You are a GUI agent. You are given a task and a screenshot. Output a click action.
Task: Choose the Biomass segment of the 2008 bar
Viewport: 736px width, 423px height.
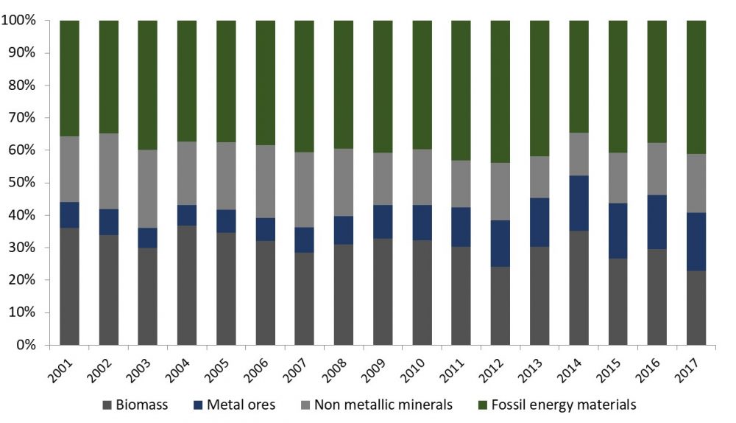[344, 294]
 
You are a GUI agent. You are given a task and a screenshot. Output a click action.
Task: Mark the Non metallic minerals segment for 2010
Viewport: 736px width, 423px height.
[422, 177]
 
